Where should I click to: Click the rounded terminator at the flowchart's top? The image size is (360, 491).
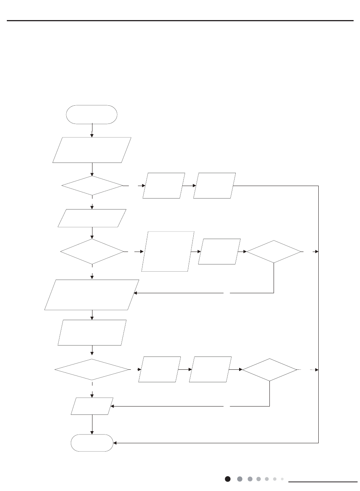pos(92,114)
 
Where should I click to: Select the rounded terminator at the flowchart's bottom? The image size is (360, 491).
pos(92,443)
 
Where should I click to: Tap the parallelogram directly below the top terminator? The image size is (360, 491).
pos(92,150)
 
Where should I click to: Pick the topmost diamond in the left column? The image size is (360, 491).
pos(92,186)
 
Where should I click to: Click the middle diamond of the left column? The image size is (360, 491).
pos(92,251)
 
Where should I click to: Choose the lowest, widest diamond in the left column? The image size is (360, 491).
pos(92,369)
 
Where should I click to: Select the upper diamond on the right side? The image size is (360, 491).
pos(274,251)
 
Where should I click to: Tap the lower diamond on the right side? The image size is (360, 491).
pos(269,369)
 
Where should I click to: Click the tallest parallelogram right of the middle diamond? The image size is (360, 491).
pos(168,251)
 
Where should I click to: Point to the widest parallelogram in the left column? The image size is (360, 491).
pos(92,295)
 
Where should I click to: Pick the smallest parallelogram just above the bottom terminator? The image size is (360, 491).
pos(92,406)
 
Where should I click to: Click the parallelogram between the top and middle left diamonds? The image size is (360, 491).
pos(92,218)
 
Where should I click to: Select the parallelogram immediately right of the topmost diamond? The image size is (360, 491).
pos(164,186)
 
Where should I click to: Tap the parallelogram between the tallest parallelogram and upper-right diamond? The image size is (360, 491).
pos(219,251)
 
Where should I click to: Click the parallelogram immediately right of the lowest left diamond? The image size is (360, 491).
pos(160,369)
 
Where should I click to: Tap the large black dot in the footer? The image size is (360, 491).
pos(227,479)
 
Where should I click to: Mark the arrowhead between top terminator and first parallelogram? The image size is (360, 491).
pos(92,135)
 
